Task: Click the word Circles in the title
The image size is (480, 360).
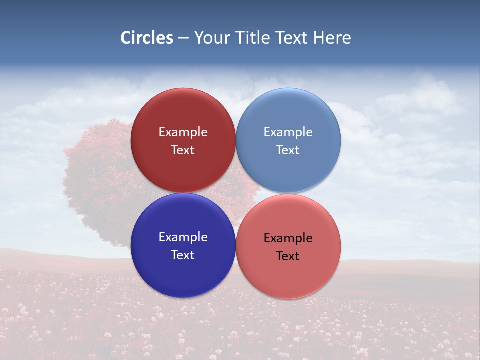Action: (147, 38)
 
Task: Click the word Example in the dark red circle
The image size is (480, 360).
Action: (183, 132)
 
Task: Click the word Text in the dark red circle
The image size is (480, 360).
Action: (183, 150)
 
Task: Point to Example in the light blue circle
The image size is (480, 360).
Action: (288, 132)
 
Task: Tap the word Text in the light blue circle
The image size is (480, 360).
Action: (288, 150)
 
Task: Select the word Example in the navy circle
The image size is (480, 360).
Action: (183, 237)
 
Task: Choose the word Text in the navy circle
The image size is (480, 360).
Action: (183, 255)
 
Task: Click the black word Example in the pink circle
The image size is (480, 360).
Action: (288, 238)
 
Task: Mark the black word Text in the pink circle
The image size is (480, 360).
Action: (288, 256)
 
